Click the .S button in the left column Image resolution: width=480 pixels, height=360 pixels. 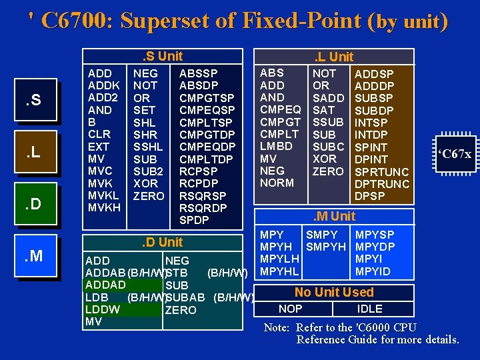(x=33, y=101)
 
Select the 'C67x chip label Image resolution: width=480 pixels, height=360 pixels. (x=454, y=154)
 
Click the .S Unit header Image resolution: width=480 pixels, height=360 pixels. (x=159, y=57)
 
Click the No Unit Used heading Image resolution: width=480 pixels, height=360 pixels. (x=334, y=292)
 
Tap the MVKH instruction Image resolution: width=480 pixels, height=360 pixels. (x=104, y=208)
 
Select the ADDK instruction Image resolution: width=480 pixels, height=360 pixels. (x=104, y=85)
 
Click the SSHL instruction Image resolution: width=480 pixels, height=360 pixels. (x=147, y=147)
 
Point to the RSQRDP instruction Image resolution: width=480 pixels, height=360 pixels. (x=203, y=208)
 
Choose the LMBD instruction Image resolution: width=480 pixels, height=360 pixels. (x=276, y=146)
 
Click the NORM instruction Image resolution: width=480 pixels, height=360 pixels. (x=277, y=183)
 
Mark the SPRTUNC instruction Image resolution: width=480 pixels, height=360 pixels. (x=382, y=172)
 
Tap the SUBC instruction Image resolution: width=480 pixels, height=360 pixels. (x=329, y=147)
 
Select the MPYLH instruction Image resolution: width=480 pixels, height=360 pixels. (x=279, y=259)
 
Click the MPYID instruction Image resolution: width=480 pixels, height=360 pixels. (x=373, y=271)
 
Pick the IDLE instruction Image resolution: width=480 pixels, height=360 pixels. (x=369, y=309)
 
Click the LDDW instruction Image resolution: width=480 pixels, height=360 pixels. (x=103, y=309)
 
